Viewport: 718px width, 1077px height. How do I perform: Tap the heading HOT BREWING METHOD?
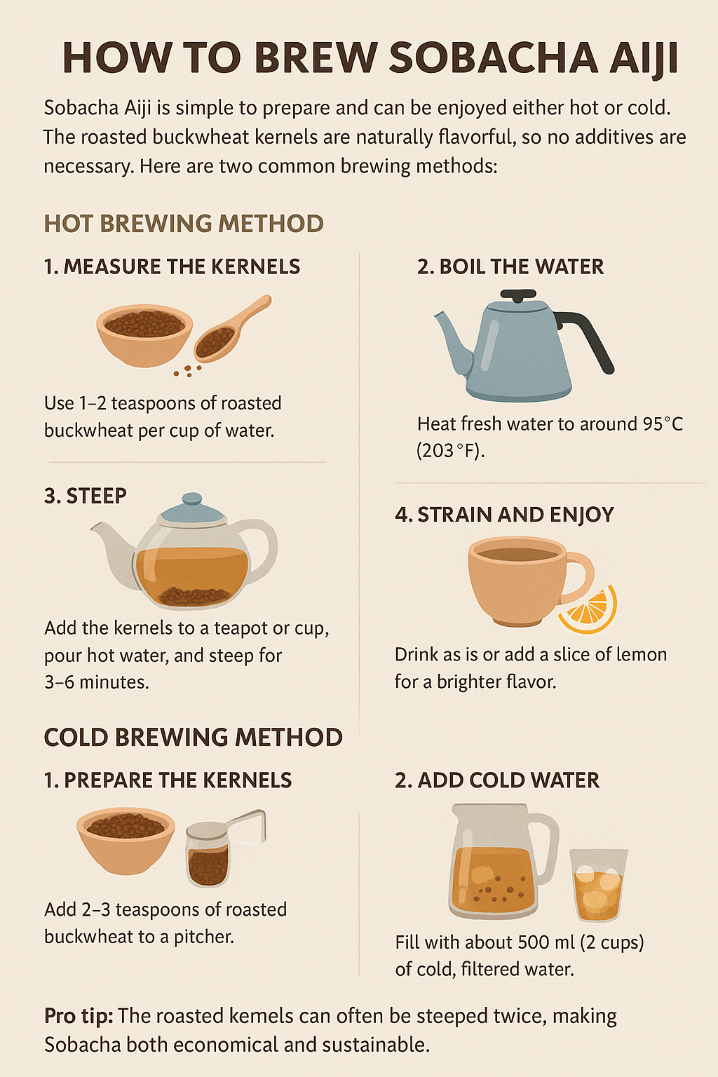[x=184, y=224]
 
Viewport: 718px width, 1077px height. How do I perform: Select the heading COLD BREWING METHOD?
[x=194, y=737]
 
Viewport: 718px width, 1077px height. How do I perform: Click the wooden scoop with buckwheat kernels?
[x=232, y=328]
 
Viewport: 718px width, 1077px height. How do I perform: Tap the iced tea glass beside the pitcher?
[x=598, y=885]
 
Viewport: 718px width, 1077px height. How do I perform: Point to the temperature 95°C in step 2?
[x=663, y=424]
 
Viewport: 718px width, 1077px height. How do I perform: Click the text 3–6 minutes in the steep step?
[x=97, y=682]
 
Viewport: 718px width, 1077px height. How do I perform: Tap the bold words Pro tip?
[x=79, y=1017]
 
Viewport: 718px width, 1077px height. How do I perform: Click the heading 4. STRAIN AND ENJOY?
[x=504, y=515]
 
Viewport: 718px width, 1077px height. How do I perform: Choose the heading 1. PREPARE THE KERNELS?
[x=168, y=780]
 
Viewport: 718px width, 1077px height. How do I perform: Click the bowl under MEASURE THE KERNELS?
[x=144, y=335]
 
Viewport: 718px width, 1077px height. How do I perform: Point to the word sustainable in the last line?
[x=375, y=1045]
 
